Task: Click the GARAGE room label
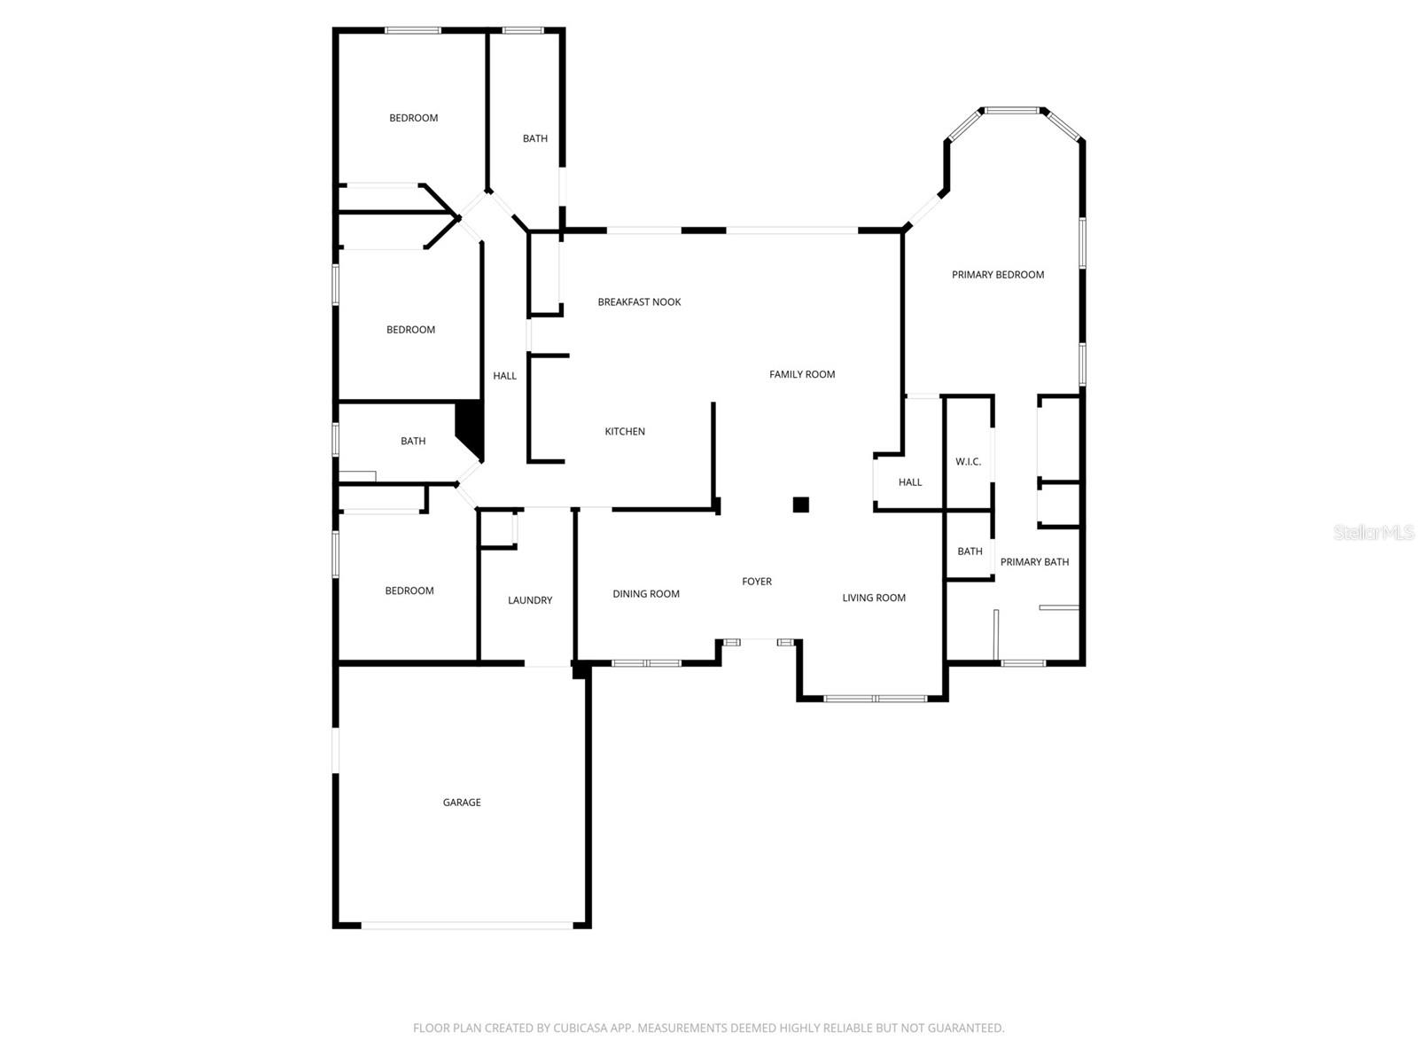point(462,802)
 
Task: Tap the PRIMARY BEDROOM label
point(998,275)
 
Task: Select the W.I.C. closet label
point(968,462)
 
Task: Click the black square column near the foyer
point(800,505)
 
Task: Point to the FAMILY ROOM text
point(802,374)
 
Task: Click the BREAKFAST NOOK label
point(639,302)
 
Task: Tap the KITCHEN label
point(625,432)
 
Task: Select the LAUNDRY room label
point(530,600)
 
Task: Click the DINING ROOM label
point(646,594)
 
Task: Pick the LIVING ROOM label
point(874,598)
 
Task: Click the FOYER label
point(757,582)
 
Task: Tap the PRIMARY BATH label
point(1034,562)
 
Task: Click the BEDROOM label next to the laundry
point(409,591)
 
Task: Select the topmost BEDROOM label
point(414,118)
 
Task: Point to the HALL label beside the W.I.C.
point(910,482)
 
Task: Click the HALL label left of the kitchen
point(505,376)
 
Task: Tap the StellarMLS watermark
point(1373,532)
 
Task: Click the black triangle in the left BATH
point(471,426)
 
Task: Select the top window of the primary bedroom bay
point(1012,111)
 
